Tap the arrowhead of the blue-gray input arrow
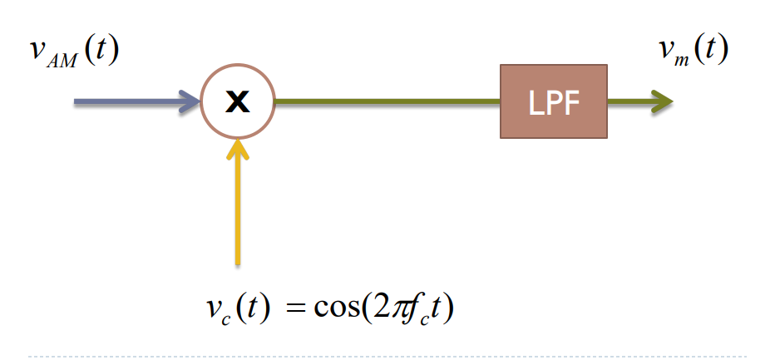pyautogui.click(x=190, y=102)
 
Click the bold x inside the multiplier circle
pyautogui.click(x=238, y=102)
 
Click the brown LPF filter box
pyautogui.click(x=553, y=102)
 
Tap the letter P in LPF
pyautogui.click(x=553, y=103)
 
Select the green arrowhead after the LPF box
pyautogui.click(x=660, y=102)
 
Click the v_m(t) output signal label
pyautogui.click(x=692, y=51)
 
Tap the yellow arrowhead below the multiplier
pyautogui.click(x=238, y=148)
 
